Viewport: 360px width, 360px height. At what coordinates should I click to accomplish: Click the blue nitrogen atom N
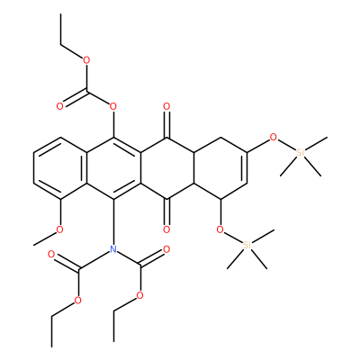(113, 248)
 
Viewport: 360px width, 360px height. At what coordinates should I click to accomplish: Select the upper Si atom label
(300, 153)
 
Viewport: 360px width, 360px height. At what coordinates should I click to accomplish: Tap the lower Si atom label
(247, 245)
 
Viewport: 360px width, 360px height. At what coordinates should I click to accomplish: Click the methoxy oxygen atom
(60, 229)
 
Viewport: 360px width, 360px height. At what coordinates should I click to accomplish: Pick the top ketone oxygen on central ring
(166, 106)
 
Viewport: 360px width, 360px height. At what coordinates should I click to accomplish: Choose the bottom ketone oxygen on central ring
(166, 229)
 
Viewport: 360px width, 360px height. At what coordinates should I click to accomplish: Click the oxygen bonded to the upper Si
(274, 138)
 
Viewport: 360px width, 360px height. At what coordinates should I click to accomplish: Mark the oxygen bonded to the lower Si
(220, 229)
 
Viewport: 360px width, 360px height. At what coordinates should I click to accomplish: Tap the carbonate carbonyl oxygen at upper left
(60, 106)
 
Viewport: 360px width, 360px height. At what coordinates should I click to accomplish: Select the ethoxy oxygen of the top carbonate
(86, 60)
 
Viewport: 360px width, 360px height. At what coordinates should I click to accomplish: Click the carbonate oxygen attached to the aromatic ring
(113, 106)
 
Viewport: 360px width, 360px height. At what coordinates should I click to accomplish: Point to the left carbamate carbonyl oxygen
(51, 255)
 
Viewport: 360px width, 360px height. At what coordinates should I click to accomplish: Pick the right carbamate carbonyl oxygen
(166, 248)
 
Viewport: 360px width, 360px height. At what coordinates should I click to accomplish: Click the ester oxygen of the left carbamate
(77, 301)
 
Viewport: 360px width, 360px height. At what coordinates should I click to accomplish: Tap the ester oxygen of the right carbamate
(139, 296)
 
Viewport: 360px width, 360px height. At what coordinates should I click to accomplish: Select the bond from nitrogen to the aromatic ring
(113, 221)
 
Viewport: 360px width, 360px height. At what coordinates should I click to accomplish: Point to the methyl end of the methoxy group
(34, 245)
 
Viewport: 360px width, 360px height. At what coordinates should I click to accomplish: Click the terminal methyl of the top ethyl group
(60, 14)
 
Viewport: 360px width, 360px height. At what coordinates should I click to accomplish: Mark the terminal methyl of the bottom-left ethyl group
(51, 346)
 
